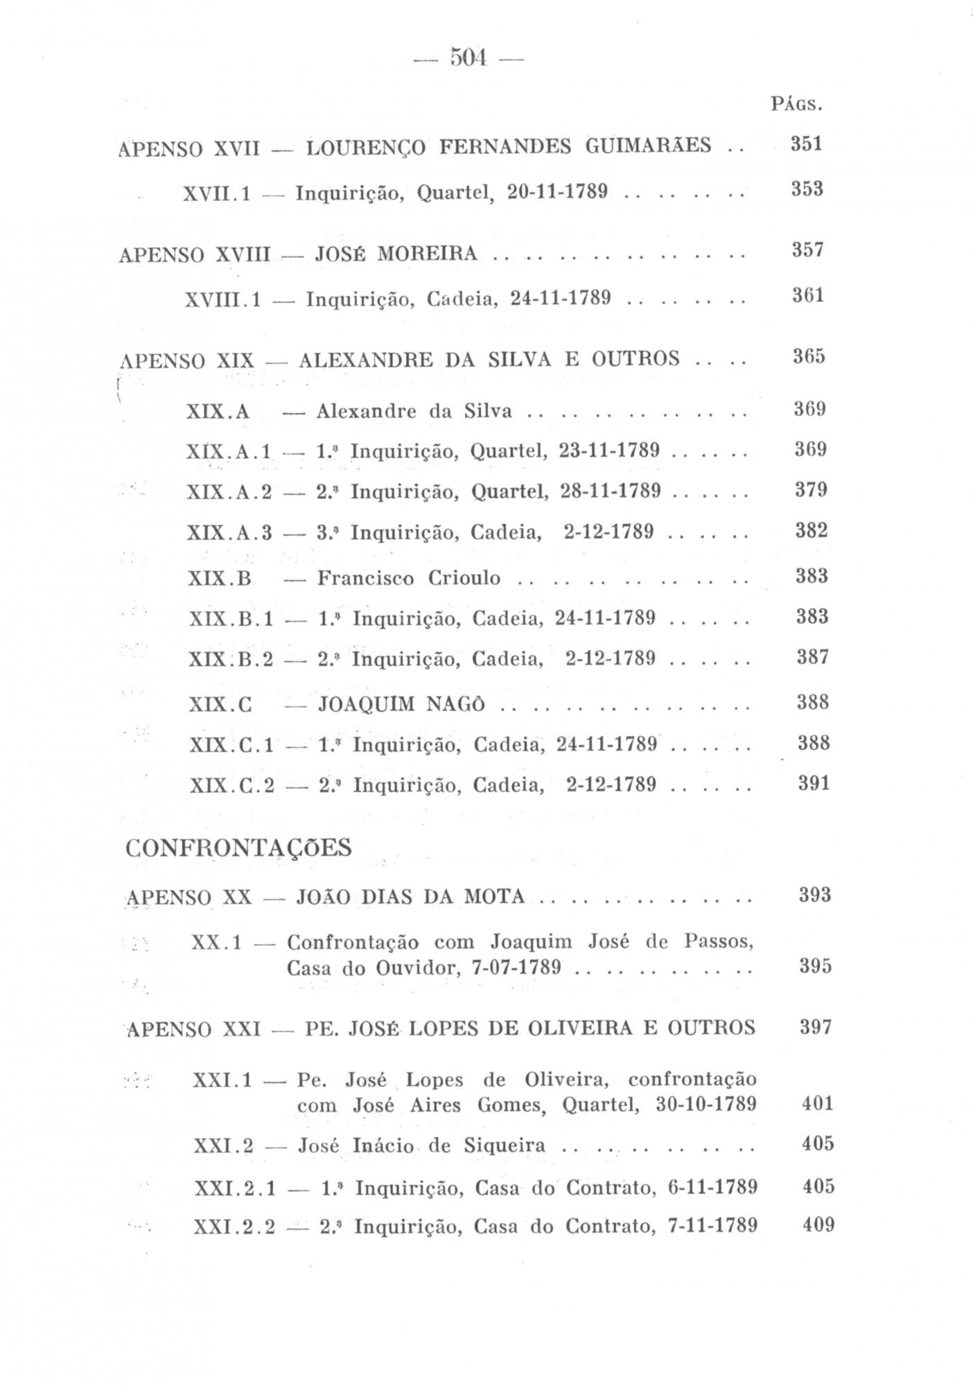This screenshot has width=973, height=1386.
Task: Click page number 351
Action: [807, 144]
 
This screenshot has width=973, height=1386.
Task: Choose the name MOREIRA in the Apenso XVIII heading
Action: [427, 254]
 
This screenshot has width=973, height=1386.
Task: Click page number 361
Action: [807, 296]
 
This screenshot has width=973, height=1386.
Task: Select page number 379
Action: [811, 491]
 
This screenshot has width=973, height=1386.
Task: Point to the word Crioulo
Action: [464, 577]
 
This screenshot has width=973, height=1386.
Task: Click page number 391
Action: [813, 784]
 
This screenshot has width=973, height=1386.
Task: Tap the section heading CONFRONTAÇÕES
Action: [239, 848]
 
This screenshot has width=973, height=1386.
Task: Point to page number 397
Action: [815, 1027]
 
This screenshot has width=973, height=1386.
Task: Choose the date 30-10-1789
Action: [705, 1104]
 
